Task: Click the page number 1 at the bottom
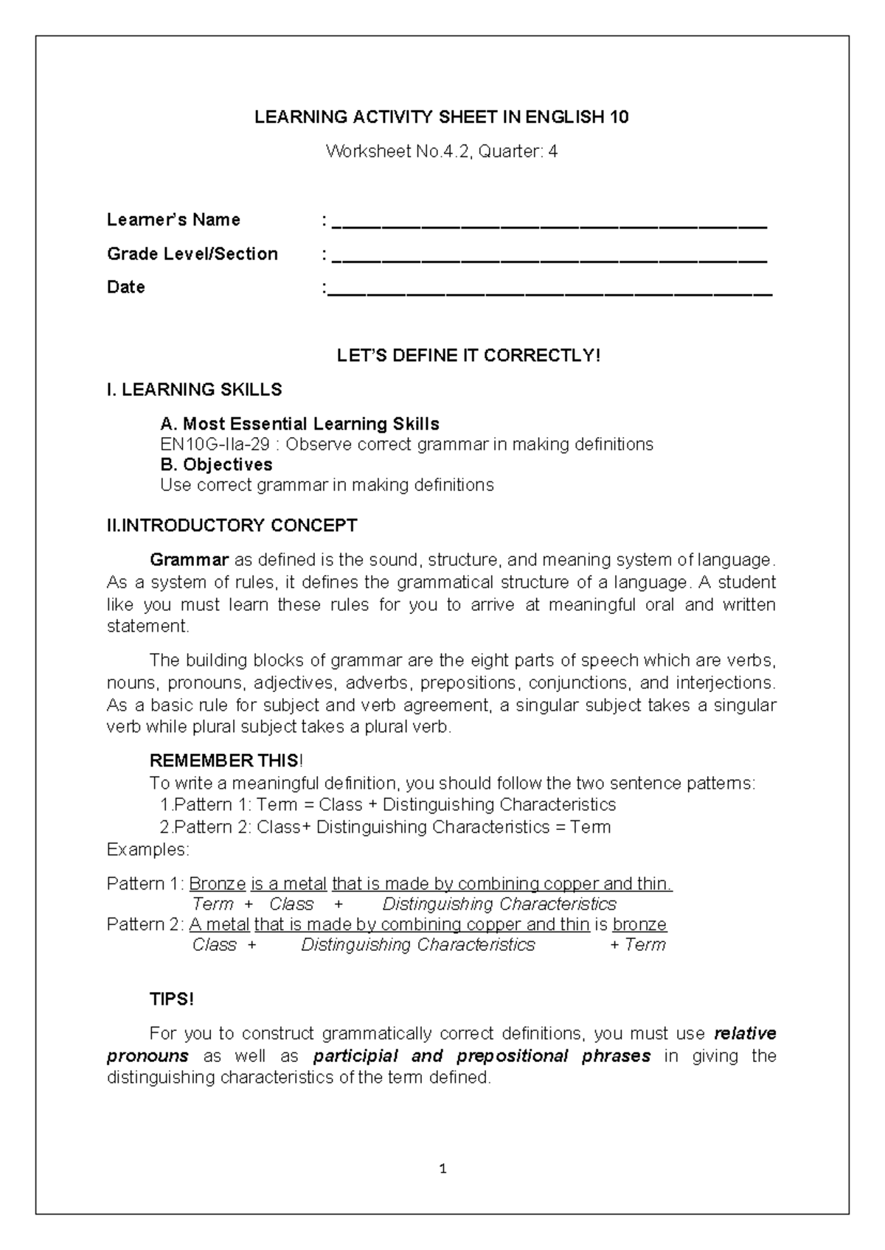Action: point(442,1168)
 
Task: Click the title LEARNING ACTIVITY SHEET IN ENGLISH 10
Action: point(442,117)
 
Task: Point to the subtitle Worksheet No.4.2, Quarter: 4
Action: point(442,152)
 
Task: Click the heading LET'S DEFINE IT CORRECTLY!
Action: point(469,356)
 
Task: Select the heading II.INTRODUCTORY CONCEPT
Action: point(232,526)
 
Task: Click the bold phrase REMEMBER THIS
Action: point(224,761)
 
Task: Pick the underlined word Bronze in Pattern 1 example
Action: point(218,884)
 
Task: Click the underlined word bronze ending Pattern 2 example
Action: point(639,924)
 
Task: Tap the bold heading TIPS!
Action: point(171,999)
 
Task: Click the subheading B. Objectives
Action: point(216,465)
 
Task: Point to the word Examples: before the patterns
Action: point(147,850)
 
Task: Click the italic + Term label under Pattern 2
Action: point(638,945)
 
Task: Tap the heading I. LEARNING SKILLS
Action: point(195,389)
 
